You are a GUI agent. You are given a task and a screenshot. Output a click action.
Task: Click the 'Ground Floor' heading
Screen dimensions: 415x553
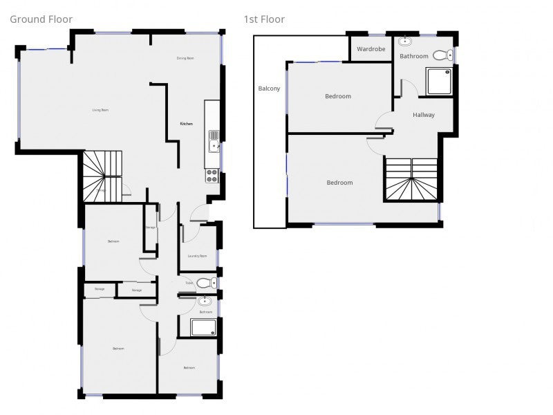41,19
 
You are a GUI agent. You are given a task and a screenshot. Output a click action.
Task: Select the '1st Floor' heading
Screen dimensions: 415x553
264,19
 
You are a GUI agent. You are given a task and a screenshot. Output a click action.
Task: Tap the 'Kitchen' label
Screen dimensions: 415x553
187,124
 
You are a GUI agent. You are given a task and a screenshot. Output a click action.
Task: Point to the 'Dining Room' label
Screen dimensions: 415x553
185,58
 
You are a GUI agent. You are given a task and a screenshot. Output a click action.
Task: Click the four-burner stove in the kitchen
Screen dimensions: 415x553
212,176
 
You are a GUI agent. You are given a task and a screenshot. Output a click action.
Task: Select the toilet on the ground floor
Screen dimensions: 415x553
205,283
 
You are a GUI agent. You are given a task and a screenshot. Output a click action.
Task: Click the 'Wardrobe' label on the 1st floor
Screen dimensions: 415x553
371,49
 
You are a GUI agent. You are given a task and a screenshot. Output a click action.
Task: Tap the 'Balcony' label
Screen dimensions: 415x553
269,89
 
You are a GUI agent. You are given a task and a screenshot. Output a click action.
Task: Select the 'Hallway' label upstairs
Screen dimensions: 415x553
424,115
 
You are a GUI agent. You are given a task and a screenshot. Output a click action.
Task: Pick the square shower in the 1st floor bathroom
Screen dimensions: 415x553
440,82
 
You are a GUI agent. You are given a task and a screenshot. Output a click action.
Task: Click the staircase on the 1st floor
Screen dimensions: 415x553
411,180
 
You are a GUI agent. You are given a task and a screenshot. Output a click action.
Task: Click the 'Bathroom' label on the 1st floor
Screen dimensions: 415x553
414,56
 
